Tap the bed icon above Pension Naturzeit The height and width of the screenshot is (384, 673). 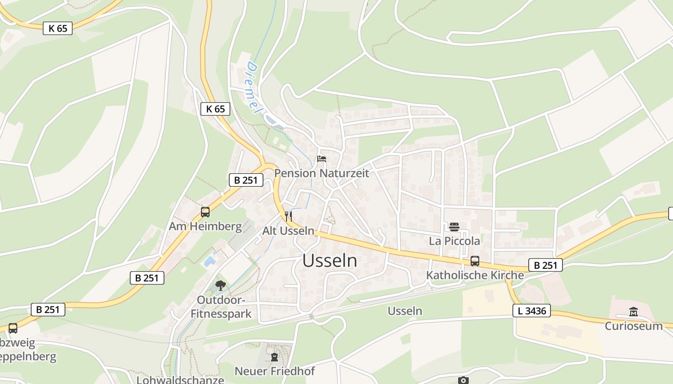(x=321, y=159)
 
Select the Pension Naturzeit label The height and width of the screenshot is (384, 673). (x=322, y=173)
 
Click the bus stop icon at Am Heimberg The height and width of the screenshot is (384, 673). (x=205, y=212)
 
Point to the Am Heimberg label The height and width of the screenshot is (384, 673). (x=205, y=226)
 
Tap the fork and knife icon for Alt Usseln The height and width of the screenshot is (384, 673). (x=288, y=216)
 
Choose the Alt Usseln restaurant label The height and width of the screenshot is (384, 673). (x=288, y=231)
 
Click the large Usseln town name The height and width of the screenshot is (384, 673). (x=330, y=261)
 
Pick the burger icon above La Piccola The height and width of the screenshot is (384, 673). (x=454, y=227)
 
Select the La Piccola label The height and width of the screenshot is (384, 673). (x=454, y=240)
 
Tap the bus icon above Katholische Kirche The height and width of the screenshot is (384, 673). (x=475, y=261)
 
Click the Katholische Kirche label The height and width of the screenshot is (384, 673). (x=475, y=276)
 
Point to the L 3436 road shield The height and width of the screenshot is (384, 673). (x=532, y=311)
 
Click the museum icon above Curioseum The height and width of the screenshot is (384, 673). (x=634, y=312)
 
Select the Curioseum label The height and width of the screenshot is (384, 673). (x=634, y=326)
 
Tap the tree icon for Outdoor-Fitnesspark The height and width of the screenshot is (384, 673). (x=221, y=286)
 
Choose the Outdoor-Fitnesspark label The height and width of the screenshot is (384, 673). (x=221, y=307)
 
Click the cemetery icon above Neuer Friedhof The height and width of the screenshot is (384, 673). (x=274, y=357)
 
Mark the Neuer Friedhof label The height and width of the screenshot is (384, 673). (x=274, y=371)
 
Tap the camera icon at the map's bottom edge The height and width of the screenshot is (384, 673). (x=463, y=380)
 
